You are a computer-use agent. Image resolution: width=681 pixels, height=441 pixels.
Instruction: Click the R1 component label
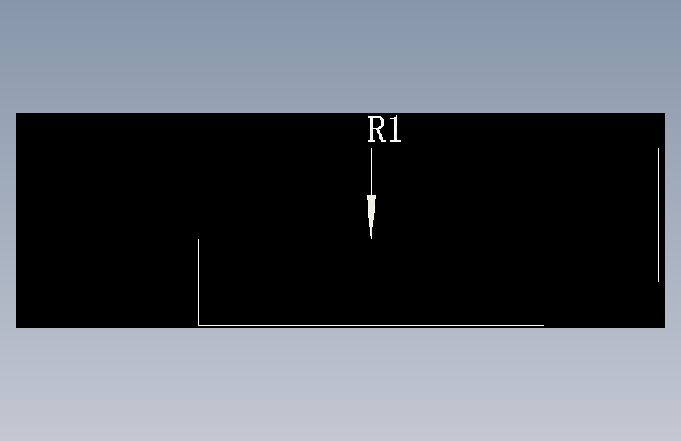click(x=385, y=129)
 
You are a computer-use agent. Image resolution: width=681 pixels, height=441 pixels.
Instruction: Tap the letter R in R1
click(x=377, y=129)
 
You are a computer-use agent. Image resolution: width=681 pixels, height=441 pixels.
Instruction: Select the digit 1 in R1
click(x=395, y=129)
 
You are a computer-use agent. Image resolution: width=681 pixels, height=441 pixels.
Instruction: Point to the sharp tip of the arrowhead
click(x=372, y=236)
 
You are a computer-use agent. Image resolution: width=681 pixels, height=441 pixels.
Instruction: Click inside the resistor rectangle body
click(x=371, y=282)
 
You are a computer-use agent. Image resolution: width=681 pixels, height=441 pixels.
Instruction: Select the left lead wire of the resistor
click(x=110, y=281)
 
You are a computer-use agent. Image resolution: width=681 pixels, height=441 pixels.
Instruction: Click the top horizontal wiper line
click(x=514, y=148)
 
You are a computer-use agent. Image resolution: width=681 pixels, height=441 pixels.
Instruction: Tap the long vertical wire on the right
click(x=658, y=214)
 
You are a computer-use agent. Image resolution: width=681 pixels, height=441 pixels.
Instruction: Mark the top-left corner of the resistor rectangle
click(x=198, y=239)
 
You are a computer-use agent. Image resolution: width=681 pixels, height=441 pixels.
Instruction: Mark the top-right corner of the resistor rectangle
click(x=544, y=239)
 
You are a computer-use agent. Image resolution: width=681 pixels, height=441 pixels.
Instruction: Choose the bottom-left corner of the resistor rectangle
click(x=198, y=324)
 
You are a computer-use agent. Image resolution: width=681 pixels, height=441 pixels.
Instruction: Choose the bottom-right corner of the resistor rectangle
click(x=544, y=324)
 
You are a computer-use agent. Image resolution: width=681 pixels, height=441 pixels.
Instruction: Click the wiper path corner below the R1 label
click(x=372, y=148)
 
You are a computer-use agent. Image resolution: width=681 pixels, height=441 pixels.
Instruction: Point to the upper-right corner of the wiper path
click(x=658, y=148)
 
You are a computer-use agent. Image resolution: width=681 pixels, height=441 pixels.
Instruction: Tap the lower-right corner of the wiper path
click(x=658, y=281)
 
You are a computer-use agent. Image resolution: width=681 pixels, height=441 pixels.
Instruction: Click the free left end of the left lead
click(x=24, y=281)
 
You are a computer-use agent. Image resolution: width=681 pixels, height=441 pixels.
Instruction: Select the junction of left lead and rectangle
click(x=198, y=281)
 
